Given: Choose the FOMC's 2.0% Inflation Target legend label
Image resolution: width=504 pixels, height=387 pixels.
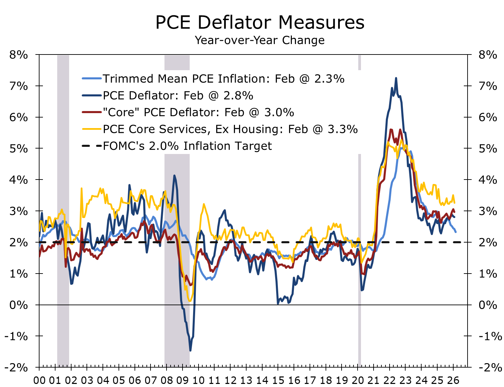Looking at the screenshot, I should (x=187, y=146).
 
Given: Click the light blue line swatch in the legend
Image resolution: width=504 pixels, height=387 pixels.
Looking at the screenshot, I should (x=92, y=79).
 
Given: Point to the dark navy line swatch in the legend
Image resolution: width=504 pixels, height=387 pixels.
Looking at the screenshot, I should (x=92, y=96).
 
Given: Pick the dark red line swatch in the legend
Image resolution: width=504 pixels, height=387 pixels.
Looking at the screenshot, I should (x=92, y=112).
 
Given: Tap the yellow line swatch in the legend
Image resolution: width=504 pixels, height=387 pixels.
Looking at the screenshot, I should (x=92, y=129).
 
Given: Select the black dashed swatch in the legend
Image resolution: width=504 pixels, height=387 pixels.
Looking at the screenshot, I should (x=92, y=146).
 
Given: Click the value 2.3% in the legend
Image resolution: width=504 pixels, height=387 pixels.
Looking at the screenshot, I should (x=329, y=79).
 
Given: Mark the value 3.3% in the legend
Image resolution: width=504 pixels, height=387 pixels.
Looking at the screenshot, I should (x=343, y=129).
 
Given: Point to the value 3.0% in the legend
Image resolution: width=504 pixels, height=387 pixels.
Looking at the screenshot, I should (x=279, y=112).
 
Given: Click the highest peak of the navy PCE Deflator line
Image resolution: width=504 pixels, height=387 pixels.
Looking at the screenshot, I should (x=396, y=78).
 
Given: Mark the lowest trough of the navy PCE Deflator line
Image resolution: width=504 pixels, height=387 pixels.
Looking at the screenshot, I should (x=190, y=350).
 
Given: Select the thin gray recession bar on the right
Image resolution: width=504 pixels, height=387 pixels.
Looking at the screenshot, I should (x=359, y=211).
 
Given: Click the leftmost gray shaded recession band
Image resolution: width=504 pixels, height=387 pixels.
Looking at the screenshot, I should (x=63, y=211).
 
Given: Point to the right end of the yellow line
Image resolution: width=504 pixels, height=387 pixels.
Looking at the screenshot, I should (x=455, y=203).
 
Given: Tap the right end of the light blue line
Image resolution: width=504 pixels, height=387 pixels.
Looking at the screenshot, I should (x=456, y=232).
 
